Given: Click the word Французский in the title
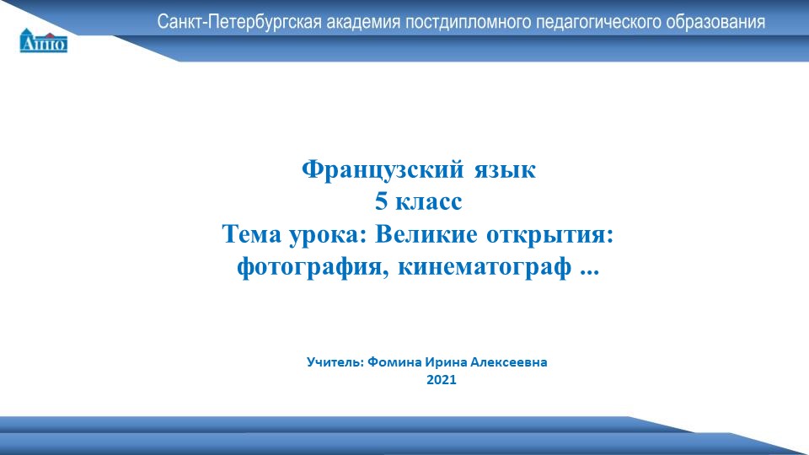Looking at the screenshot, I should (x=382, y=170).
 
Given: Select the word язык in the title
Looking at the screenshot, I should (x=502, y=170).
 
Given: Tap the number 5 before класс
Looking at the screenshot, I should (x=381, y=203).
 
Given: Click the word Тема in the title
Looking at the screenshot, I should (x=251, y=235).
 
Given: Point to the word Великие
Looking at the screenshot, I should (x=421, y=235).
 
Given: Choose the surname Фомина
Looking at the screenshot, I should (x=394, y=362).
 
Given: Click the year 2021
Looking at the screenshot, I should (x=442, y=381).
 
